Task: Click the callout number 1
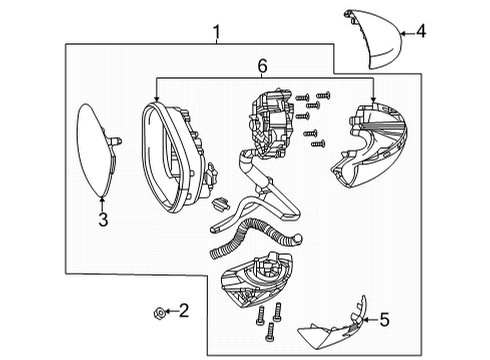(217, 32)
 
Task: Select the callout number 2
(184, 310)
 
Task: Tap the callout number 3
(103, 220)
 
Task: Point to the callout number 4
(421, 31)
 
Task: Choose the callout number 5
(384, 320)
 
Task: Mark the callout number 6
(263, 66)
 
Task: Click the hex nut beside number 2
(159, 313)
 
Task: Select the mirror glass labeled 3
(97, 150)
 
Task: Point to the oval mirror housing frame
(177, 157)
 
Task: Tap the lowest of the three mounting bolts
(270, 332)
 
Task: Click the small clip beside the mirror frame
(220, 204)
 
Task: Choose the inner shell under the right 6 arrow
(370, 145)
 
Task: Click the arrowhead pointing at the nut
(167, 311)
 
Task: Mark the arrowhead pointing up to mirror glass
(102, 200)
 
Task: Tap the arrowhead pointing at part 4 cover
(403, 33)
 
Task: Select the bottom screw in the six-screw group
(318, 144)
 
